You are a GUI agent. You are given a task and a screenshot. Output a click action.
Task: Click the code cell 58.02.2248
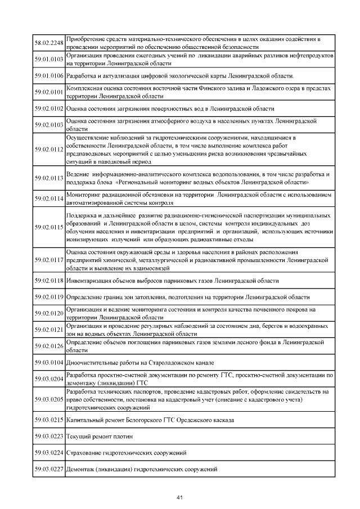click(x=48, y=43)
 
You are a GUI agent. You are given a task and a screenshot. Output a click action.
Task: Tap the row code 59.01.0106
click(x=48, y=75)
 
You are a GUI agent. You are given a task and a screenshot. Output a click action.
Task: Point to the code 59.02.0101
click(x=48, y=92)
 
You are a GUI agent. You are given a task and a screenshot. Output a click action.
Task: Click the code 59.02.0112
click(x=48, y=150)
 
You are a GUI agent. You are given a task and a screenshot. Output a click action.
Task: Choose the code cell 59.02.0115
click(x=48, y=228)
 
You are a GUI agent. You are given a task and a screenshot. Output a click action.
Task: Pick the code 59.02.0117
click(x=48, y=260)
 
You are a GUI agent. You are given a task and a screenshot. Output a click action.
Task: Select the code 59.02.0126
click(x=48, y=346)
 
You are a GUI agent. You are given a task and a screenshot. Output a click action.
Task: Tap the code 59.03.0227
click(x=48, y=470)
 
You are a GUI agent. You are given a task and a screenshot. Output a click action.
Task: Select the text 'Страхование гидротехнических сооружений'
click(x=127, y=453)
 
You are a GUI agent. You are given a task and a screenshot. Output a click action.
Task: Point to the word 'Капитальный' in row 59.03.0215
click(x=85, y=420)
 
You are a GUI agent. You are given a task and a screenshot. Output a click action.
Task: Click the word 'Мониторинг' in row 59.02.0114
click(x=84, y=194)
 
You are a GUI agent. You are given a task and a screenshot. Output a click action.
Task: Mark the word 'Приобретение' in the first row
click(x=86, y=39)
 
